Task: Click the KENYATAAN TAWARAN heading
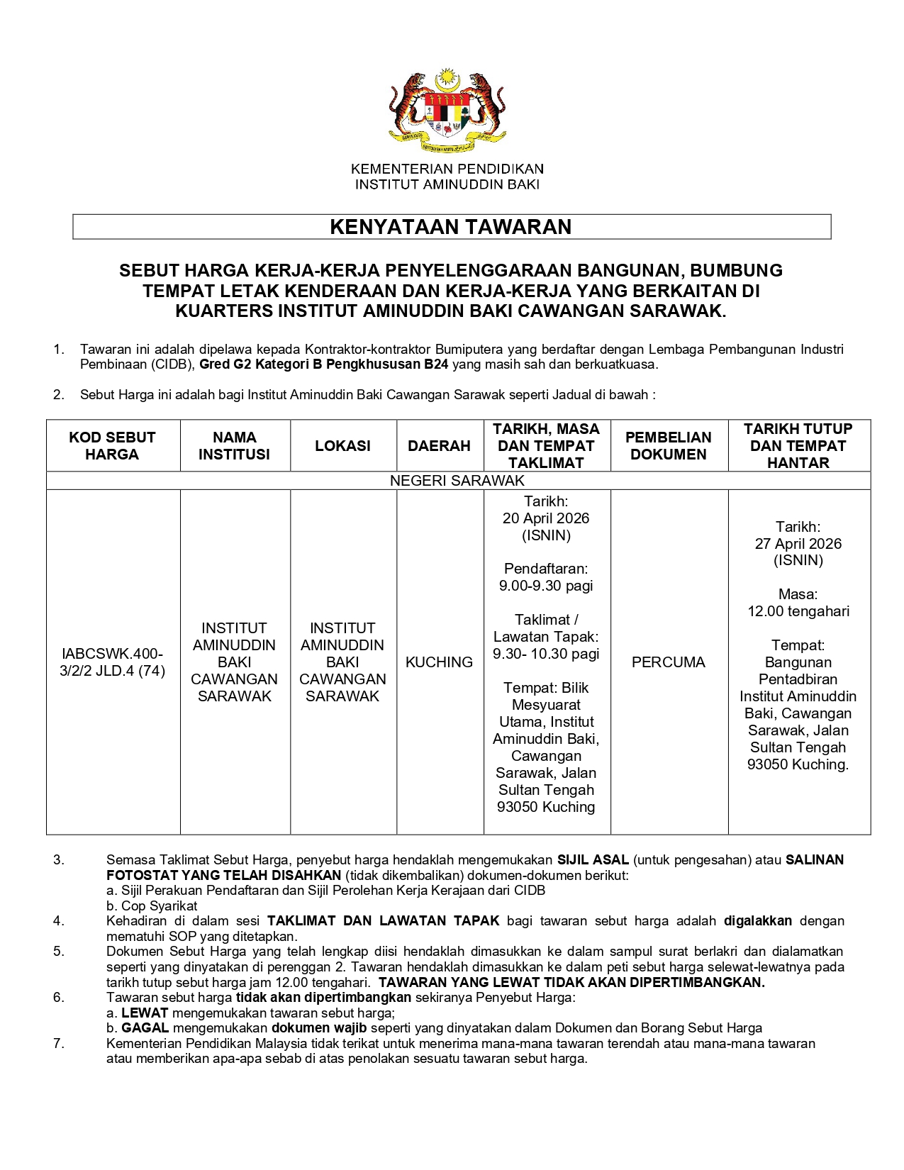pyautogui.click(x=451, y=227)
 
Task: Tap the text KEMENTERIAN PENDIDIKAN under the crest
pyautogui.click(x=447, y=169)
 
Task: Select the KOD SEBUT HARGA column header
pyautogui.click(x=112, y=446)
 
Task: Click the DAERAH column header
pyautogui.click(x=439, y=446)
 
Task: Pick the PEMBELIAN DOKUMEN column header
pyautogui.click(x=668, y=446)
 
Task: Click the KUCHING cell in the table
pyautogui.click(x=439, y=662)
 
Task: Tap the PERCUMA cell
pyautogui.click(x=668, y=662)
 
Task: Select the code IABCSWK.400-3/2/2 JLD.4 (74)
pyautogui.click(x=112, y=662)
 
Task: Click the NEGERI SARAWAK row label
pyautogui.click(x=457, y=481)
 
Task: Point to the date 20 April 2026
pyautogui.click(x=546, y=518)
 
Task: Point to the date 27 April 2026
pyautogui.click(x=798, y=544)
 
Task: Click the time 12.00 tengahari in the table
pyautogui.click(x=798, y=611)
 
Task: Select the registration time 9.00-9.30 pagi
pyautogui.click(x=546, y=586)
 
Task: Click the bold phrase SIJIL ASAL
pyautogui.click(x=593, y=860)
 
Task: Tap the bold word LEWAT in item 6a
pyautogui.click(x=145, y=1013)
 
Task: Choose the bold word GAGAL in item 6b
pyautogui.click(x=145, y=1028)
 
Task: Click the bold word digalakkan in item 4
pyautogui.click(x=757, y=921)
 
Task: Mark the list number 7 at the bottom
pyautogui.click(x=59, y=1044)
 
